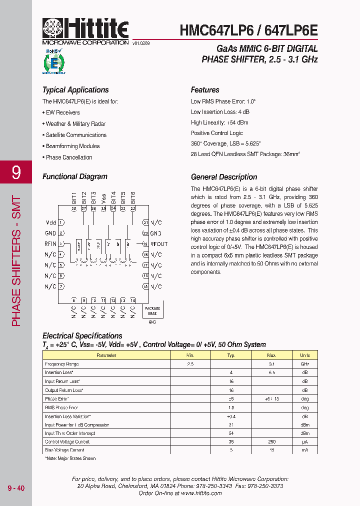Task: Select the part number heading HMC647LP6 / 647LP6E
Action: (x=248, y=30)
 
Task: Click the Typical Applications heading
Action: (x=75, y=90)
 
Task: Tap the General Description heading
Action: (x=224, y=177)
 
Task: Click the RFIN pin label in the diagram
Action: (x=50, y=244)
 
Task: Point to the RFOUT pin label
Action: (x=159, y=244)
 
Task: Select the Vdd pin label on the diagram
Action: (x=50, y=222)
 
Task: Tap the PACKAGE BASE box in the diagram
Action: (x=152, y=311)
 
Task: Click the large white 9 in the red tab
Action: (x=16, y=172)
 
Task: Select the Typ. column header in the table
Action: (x=231, y=355)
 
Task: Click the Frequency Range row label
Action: (x=62, y=364)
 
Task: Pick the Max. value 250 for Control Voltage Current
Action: (x=271, y=442)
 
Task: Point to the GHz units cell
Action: (x=304, y=364)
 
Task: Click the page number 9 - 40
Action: (x=15, y=488)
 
